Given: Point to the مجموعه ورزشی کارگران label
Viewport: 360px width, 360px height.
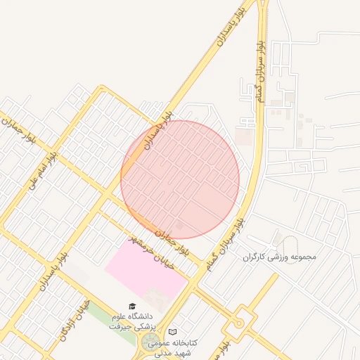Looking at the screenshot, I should (280, 257).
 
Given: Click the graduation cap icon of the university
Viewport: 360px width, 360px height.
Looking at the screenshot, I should (132, 306).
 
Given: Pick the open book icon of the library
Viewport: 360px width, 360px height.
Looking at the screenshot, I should (173, 332).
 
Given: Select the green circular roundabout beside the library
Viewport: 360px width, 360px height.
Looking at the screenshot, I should (150, 343).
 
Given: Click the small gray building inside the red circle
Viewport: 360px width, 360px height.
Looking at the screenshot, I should (179, 226).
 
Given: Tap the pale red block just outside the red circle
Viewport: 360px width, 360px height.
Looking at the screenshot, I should (245, 136).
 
